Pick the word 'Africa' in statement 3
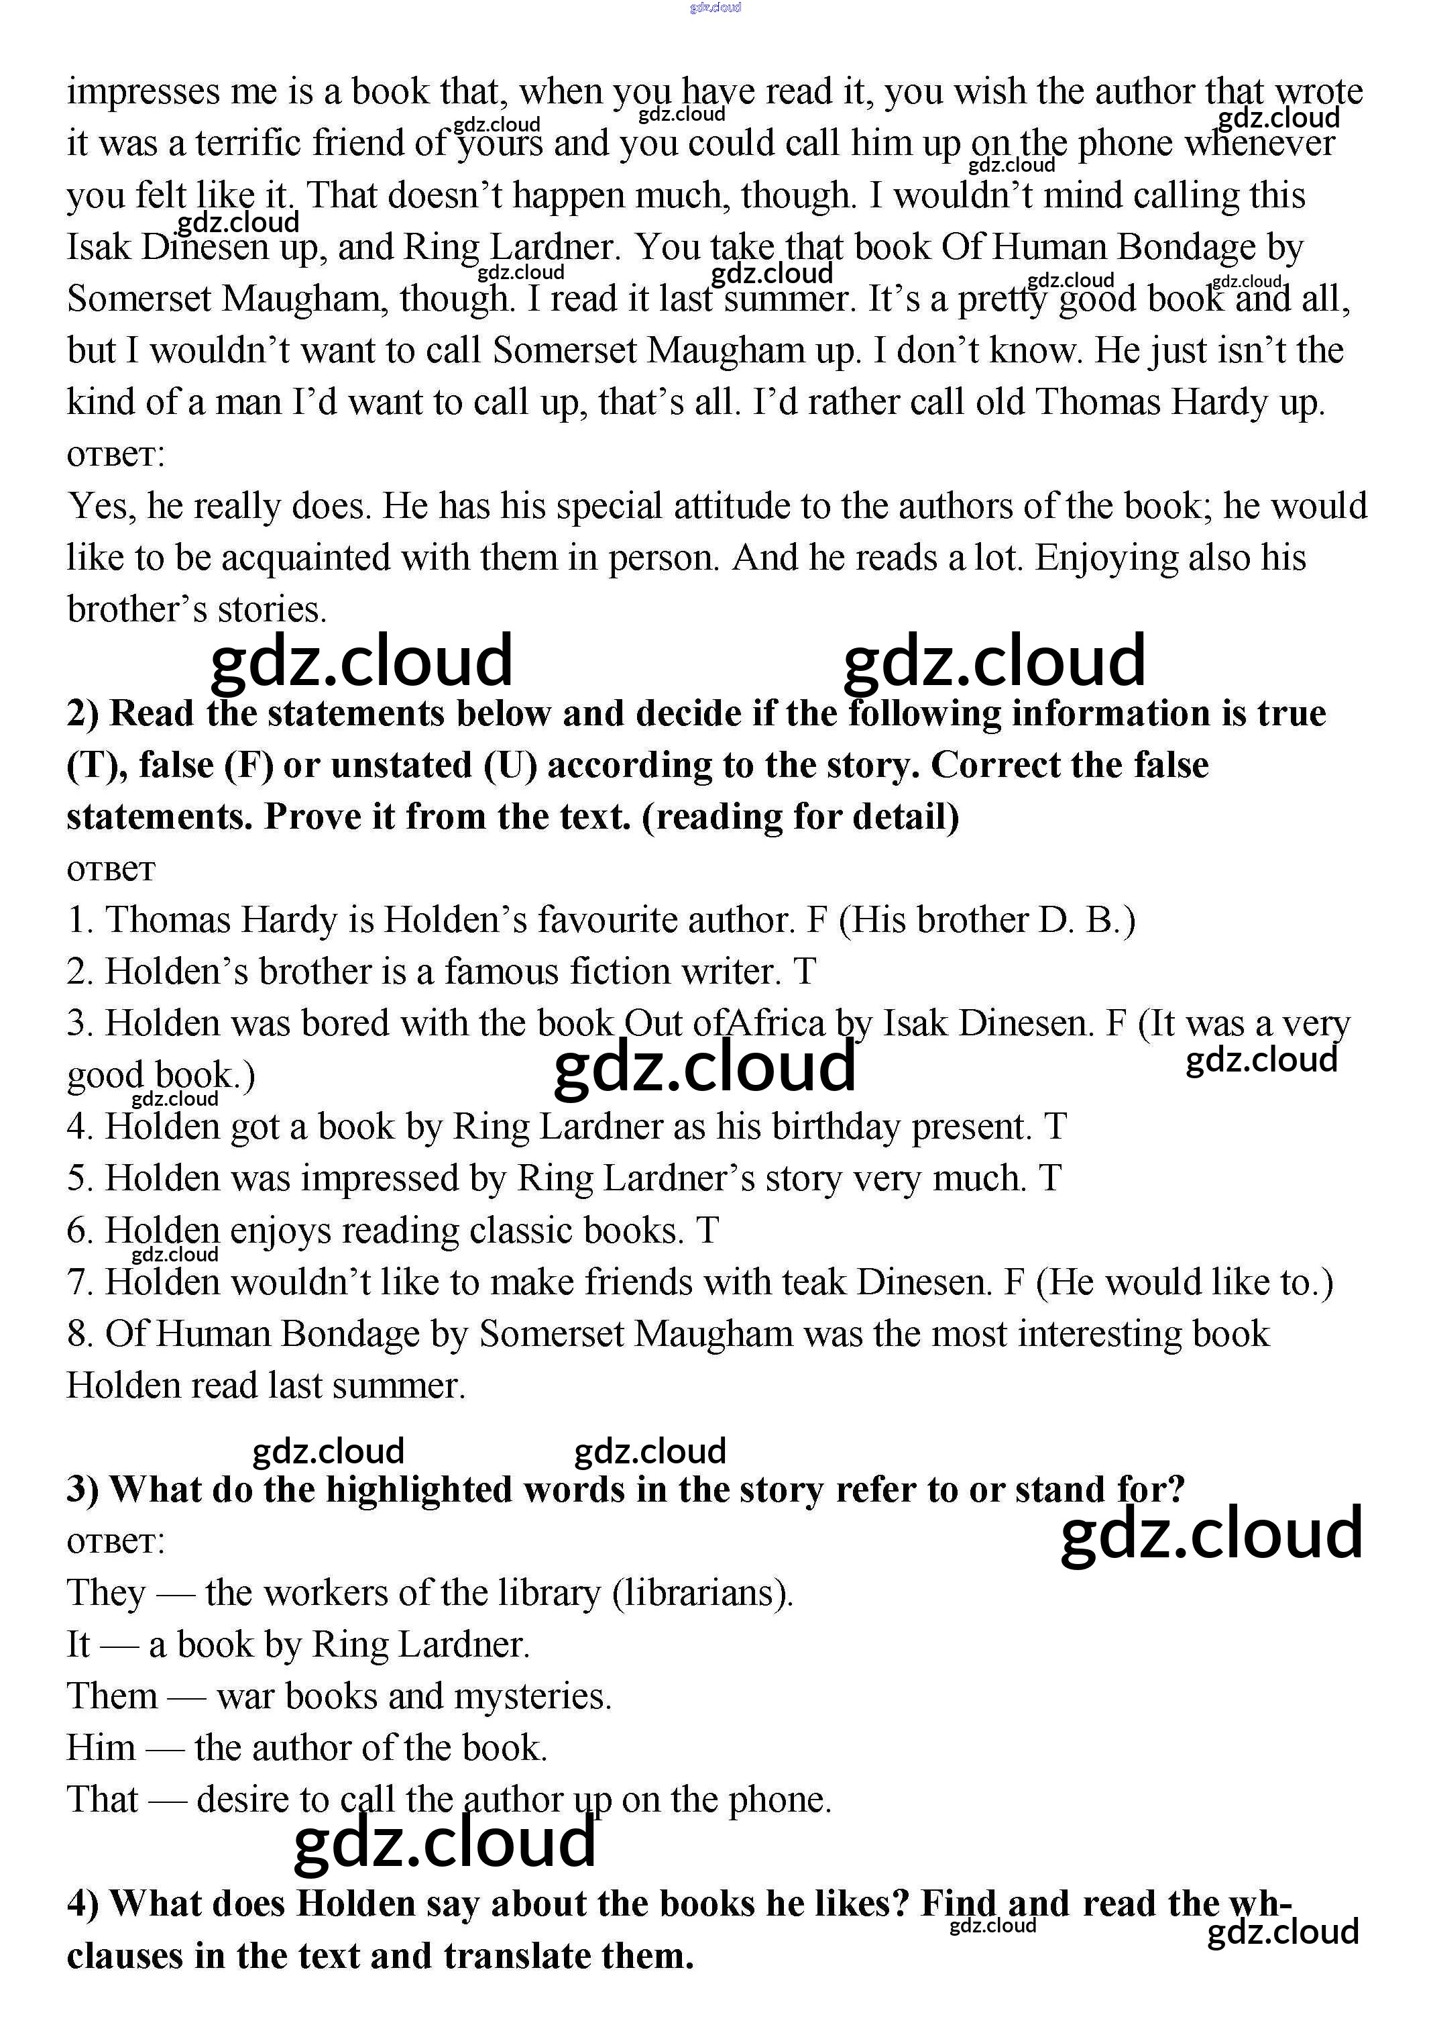pos(775,1023)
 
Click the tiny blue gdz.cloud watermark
pos(715,8)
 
